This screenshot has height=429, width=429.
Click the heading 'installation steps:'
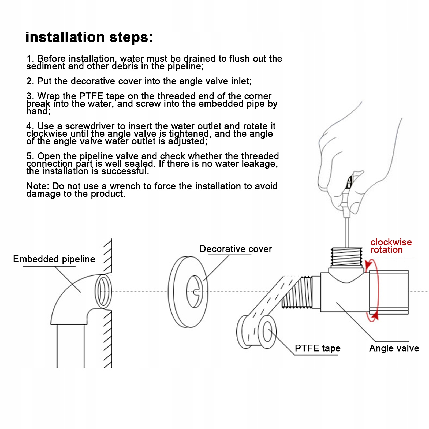point(89,37)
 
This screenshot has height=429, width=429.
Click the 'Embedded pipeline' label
point(54,259)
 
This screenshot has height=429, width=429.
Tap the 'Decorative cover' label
point(236,249)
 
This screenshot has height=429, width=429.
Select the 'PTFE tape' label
point(318,348)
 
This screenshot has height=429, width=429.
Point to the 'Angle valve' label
point(394,348)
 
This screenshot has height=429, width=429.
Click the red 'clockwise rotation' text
point(391,246)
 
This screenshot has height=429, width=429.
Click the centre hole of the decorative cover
point(195,292)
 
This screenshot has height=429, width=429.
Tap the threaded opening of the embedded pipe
point(103,291)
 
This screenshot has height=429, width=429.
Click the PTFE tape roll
point(257,332)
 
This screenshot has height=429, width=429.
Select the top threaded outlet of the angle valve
point(346,257)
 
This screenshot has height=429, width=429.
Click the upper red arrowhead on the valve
point(368,265)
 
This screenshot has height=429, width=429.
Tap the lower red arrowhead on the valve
point(375,316)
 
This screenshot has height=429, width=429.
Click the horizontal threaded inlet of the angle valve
point(297,292)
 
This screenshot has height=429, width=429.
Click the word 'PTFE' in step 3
point(91,96)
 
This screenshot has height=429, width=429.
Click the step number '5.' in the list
point(30,156)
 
